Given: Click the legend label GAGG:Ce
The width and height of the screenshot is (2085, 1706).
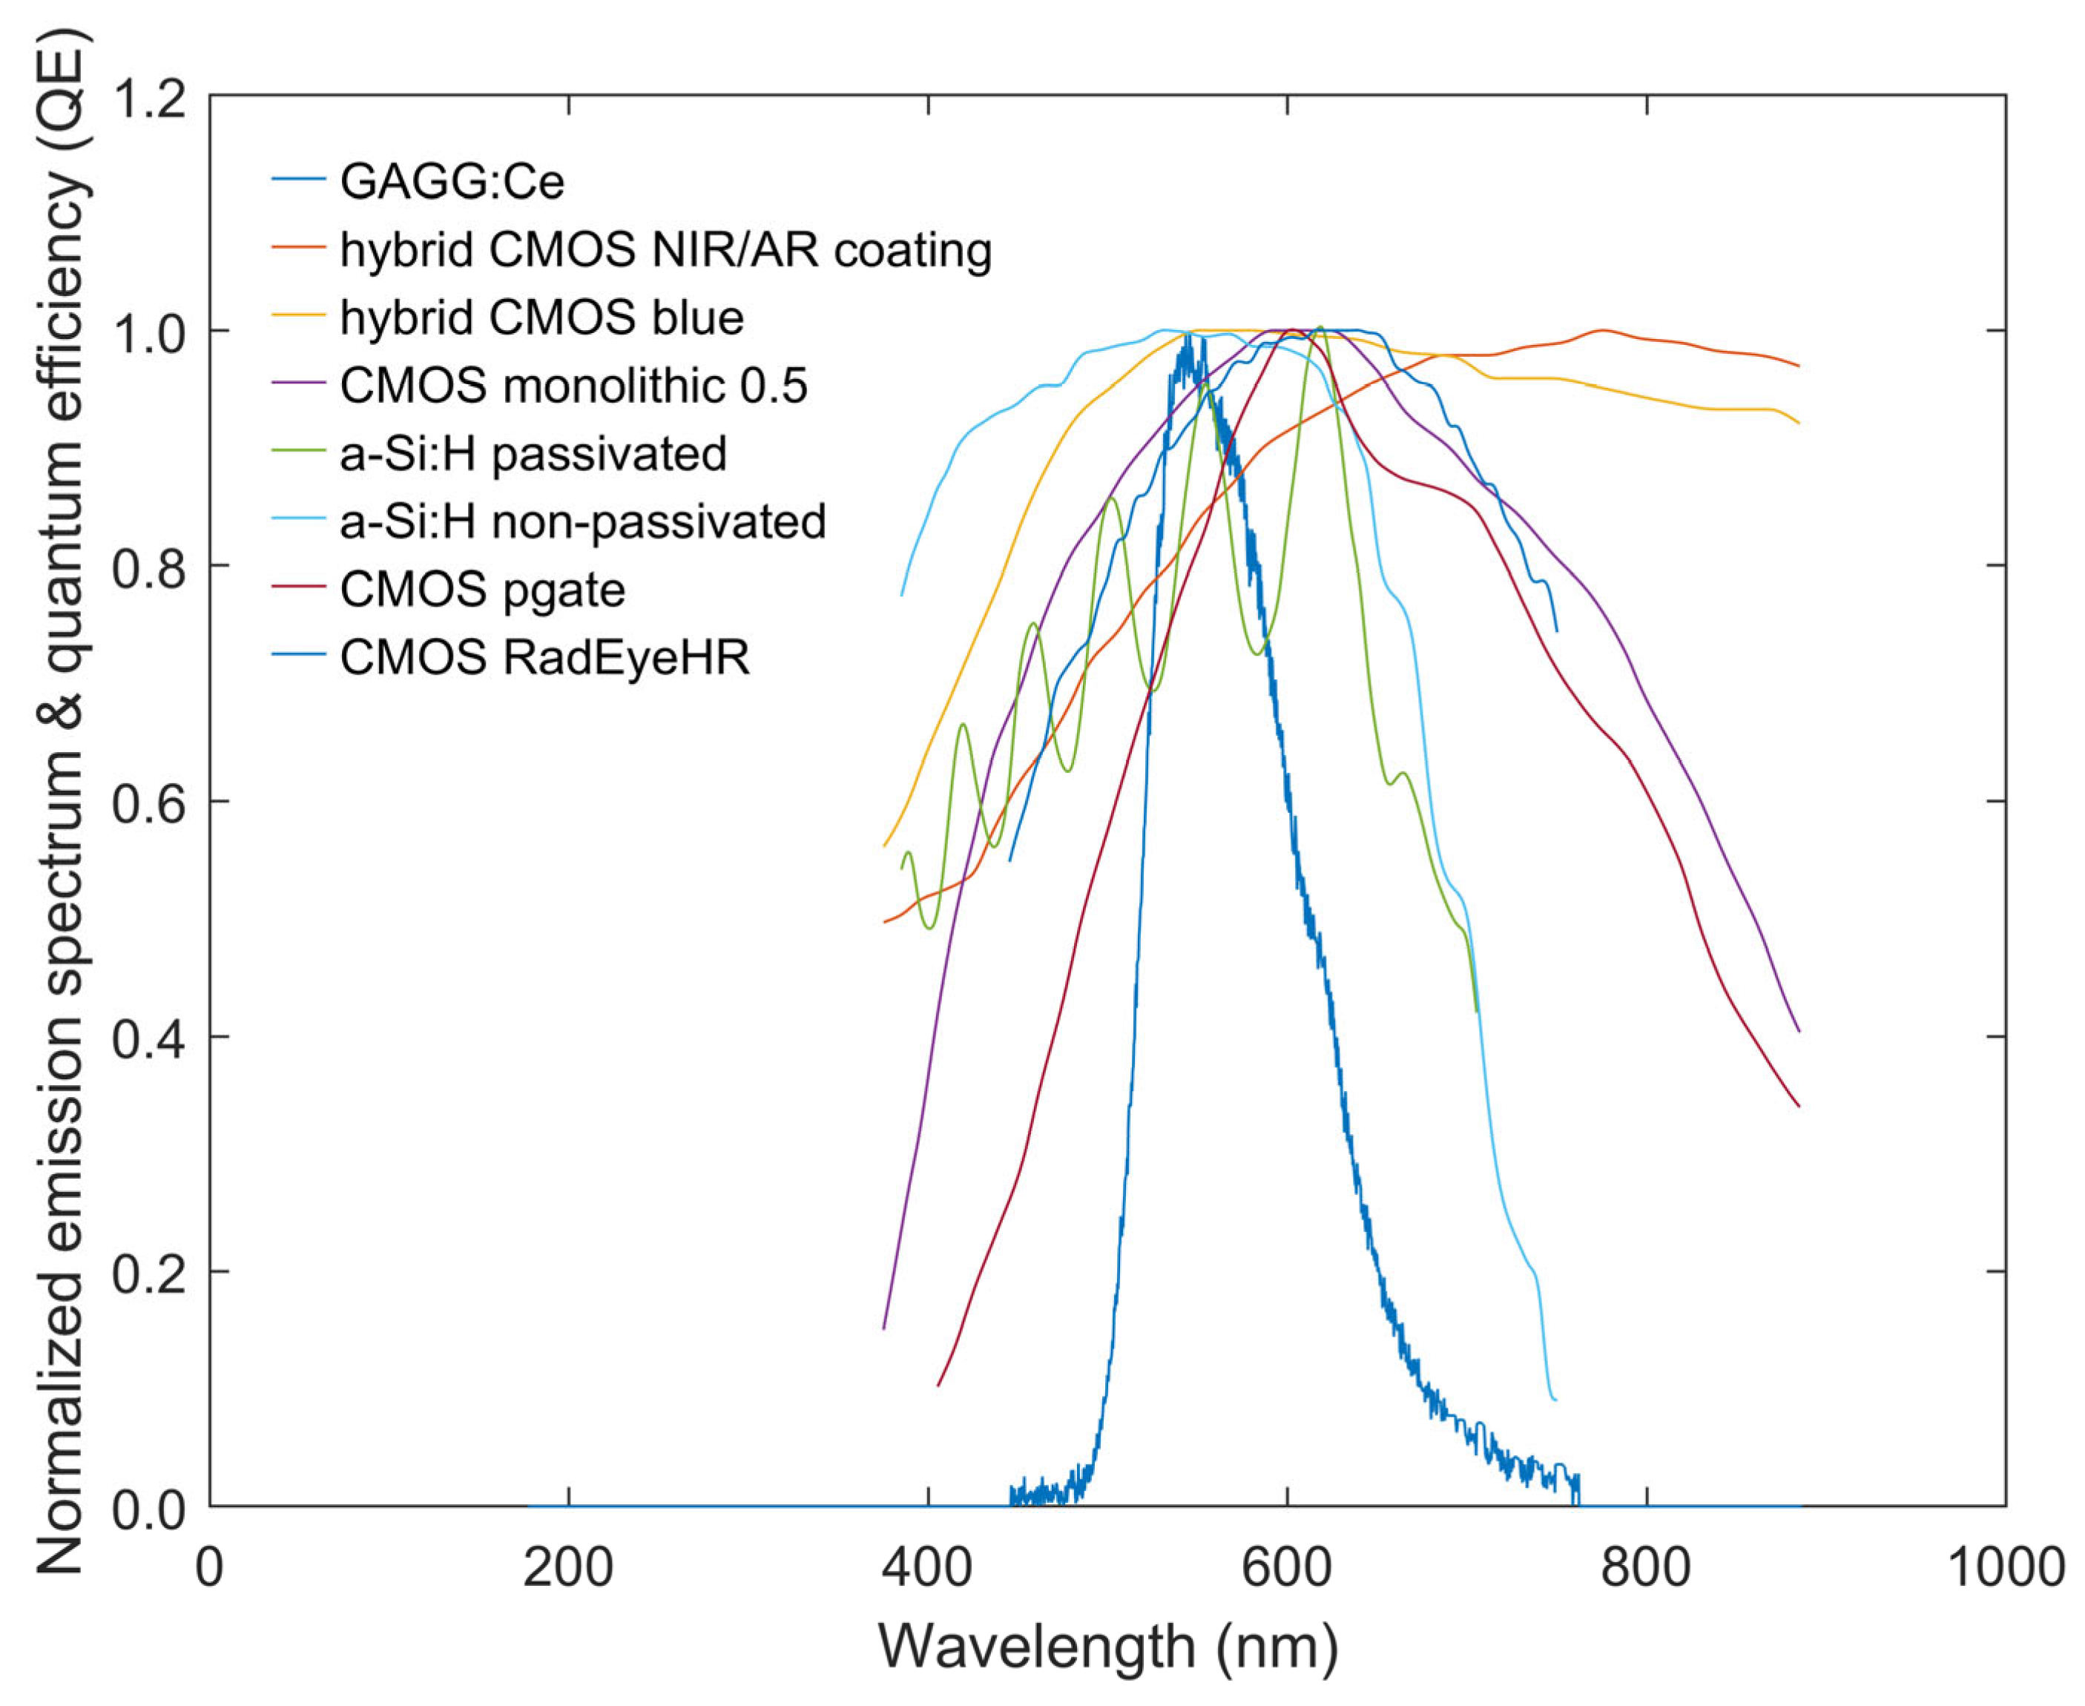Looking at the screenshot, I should click(x=452, y=182).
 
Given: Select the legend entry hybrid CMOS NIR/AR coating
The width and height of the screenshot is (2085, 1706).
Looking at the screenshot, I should click(x=665, y=250).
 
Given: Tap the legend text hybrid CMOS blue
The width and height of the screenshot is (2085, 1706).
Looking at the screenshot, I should click(x=541, y=317).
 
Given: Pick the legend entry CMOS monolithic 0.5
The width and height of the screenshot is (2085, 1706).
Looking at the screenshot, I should click(x=573, y=385).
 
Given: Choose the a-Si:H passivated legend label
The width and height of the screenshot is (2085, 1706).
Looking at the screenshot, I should click(x=533, y=453).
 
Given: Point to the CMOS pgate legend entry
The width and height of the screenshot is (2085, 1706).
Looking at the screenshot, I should click(x=481, y=590).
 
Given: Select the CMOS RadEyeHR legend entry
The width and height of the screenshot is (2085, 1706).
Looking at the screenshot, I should click(x=544, y=657).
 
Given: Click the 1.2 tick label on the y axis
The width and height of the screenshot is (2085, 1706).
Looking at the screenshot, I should click(x=148, y=98).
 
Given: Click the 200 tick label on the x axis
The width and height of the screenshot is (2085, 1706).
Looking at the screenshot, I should click(x=568, y=1567).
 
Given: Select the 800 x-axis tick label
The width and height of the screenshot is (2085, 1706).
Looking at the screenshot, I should click(x=1646, y=1567).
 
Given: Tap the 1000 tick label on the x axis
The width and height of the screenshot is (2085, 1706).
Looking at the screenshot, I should click(x=2004, y=1567).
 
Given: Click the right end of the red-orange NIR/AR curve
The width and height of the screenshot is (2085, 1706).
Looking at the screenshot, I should click(x=1798, y=366).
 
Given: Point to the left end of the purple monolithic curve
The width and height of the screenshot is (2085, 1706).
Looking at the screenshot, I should click(x=884, y=1328).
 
